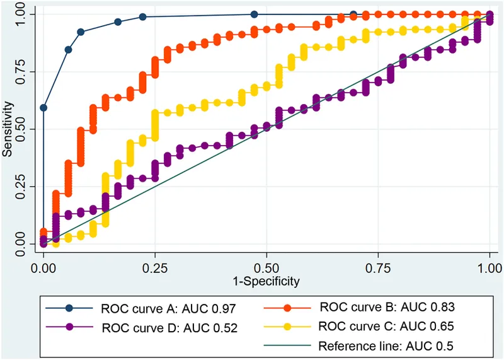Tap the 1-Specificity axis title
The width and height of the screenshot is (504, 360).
pos(266,279)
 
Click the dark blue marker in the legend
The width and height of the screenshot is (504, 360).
pos(70,308)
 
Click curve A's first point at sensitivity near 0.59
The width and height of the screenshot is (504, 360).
pos(43,108)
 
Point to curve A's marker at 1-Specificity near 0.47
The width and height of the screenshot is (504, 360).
pos(254,14)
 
